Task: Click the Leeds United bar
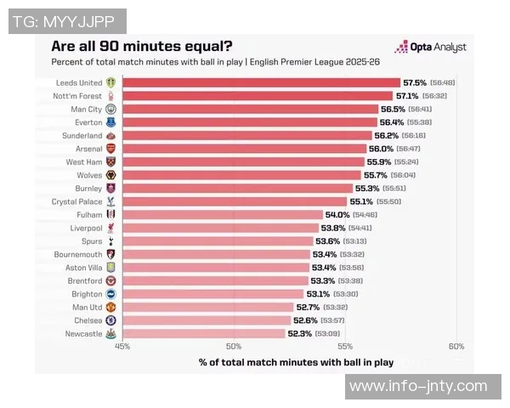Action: point(261,82)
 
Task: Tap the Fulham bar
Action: point(223,215)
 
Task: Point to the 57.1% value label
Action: point(408,96)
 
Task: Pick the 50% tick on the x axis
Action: point(234,346)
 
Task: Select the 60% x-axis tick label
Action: point(456,346)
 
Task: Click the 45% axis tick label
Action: point(122,346)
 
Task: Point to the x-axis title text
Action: point(296,362)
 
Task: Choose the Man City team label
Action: point(86,110)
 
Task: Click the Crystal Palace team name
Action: point(76,201)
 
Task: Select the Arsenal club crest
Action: point(110,149)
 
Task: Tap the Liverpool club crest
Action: point(110,228)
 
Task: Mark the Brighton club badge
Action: point(110,294)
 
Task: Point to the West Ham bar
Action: point(243,162)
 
